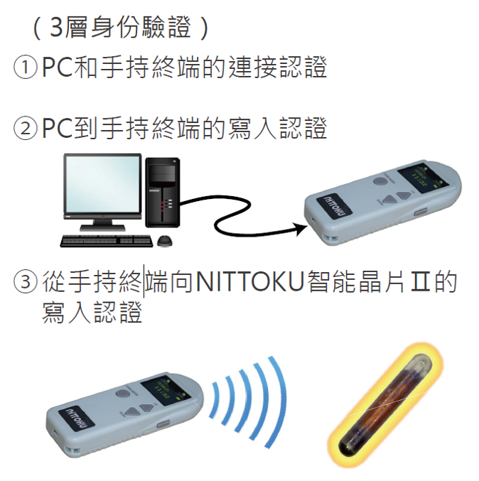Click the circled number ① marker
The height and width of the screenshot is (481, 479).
(26, 67)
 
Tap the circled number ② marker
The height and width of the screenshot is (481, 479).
(26, 129)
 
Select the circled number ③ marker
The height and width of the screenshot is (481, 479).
(26, 281)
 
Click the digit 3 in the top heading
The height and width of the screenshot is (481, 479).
(56, 27)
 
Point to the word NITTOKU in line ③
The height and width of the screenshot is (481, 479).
(249, 281)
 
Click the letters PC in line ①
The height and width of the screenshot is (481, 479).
(57, 67)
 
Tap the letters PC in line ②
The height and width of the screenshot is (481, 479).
(57, 129)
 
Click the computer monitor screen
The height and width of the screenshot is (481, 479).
(102, 184)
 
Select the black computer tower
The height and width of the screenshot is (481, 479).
(163, 193)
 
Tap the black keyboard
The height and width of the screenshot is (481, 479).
(107, 241)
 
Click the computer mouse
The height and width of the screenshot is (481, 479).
(165, 241)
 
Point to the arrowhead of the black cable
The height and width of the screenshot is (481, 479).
(301, 229)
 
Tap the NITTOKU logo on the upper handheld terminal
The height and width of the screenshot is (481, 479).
(335, 207)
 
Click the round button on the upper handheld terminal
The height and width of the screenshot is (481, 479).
(380, 180)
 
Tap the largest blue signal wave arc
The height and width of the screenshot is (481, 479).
(279, 401)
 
